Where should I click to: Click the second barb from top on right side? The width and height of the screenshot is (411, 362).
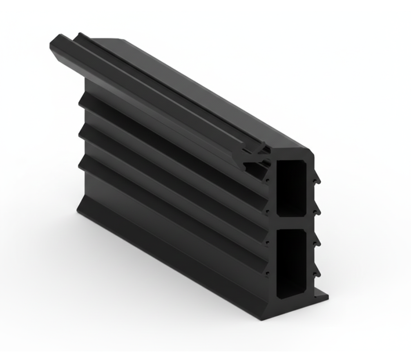pos(317,211)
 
